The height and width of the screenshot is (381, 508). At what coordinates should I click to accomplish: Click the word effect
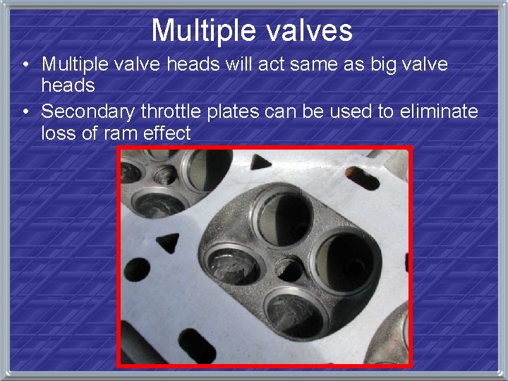tap(164, 133)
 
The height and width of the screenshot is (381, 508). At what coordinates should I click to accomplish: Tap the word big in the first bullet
tap(382, 64)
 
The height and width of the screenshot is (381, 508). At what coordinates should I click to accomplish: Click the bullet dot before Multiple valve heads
tap(25, 65)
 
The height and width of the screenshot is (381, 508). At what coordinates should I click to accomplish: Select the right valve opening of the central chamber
tap(343, 262)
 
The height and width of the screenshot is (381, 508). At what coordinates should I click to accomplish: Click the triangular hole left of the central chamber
tap(169, 243)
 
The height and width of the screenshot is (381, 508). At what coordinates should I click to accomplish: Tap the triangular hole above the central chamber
tap(261, 163)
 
